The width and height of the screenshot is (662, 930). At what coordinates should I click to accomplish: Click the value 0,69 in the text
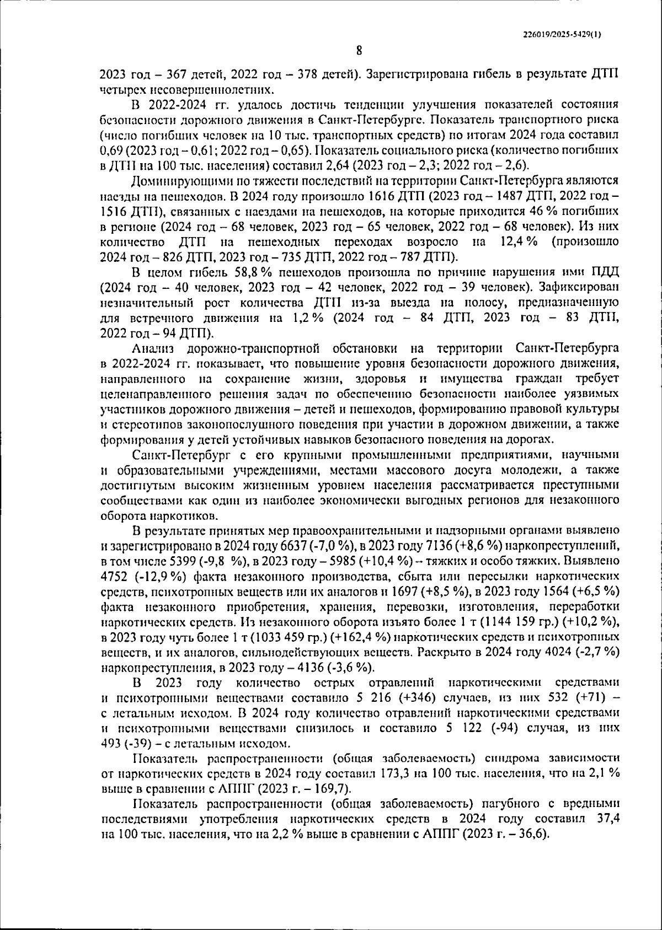click(x=110, y=150)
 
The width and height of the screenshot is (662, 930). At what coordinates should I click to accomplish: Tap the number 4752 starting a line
click(x=114, y=577)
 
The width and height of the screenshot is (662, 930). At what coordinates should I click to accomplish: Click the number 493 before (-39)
click(x=111, y=743)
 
